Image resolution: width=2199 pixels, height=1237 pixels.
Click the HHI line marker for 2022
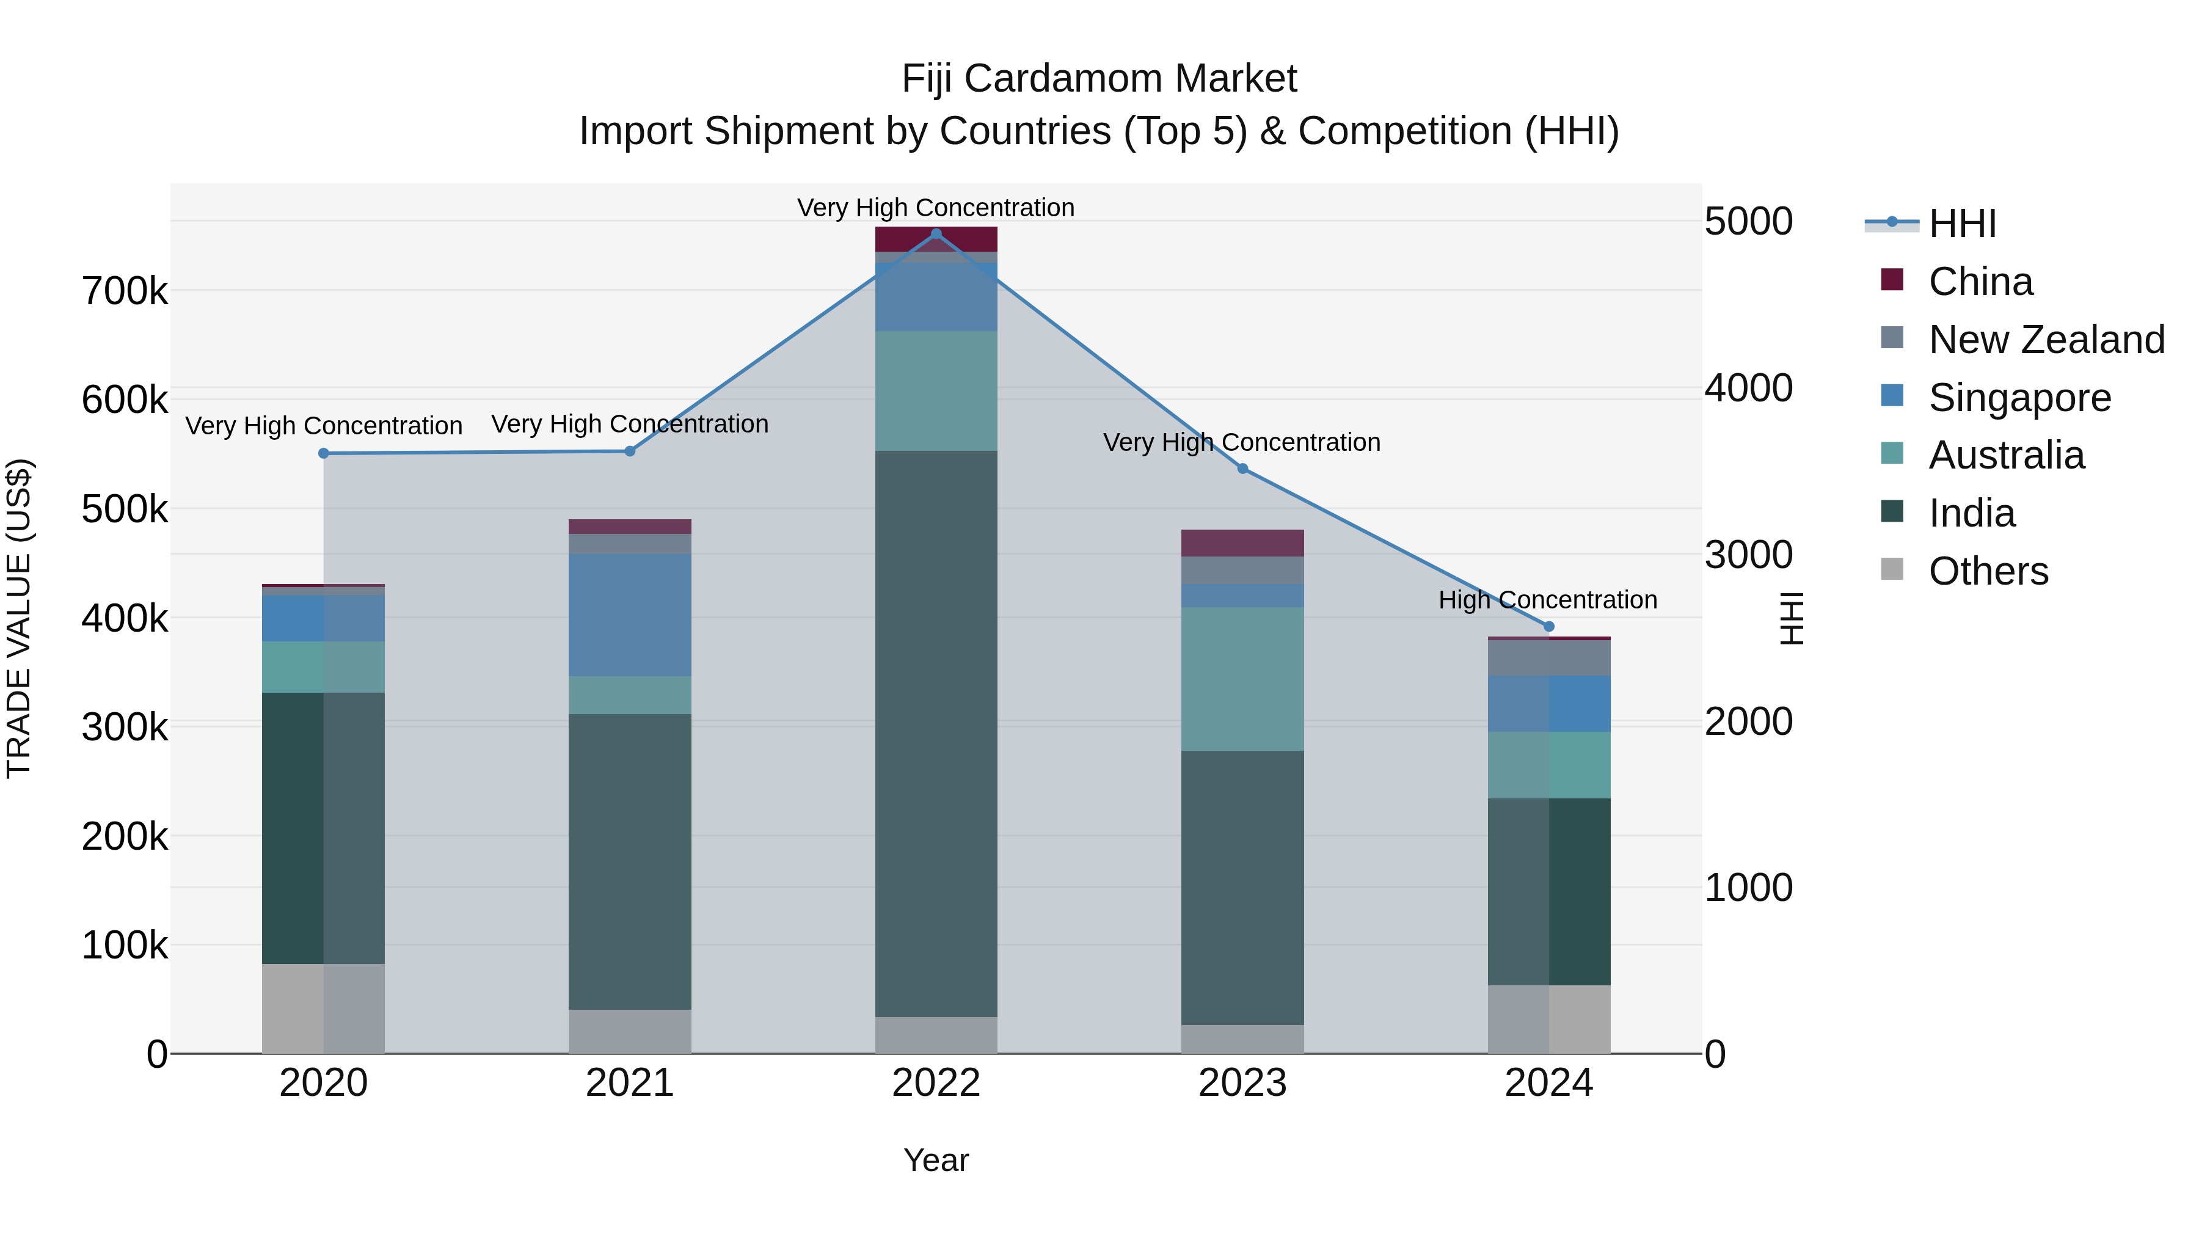pyautogui.click(x=936, y=234)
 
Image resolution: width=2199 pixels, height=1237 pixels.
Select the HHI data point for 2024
pyautogui.click(x=1548, y=627)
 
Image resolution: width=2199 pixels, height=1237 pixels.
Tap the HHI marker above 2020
pyautogui.click(x=324, y=453)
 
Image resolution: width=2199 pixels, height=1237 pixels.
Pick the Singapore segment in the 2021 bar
pyautogui.click(x=630, y=615)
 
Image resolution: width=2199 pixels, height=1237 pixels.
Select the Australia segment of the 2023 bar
pyautogui.click(x=1242, y=679)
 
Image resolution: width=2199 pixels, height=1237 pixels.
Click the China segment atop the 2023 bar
pyautogui.click(x=1242, y=543)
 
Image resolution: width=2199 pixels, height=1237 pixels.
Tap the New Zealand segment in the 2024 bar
pyautogui.click(x=1548, y=657)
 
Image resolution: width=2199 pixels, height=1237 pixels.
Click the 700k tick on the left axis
pyautogui.click(x=125, y=291)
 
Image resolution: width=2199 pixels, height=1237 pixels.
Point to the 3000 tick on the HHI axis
pyautogui.click(x=1748, y=555)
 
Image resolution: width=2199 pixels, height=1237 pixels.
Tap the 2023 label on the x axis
pyautogui.click(x=1242, y=1083)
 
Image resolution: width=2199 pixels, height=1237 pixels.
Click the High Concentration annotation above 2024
pyautogui.click(x=1547, y=600)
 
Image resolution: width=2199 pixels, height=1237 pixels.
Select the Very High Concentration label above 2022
pyautogui.click(x=936, y=208)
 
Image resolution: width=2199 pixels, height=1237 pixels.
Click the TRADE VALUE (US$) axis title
pyautogui.click(x=19, y=618)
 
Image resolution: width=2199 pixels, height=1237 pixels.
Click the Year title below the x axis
pyautogui.click(x=936, y=1160)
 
